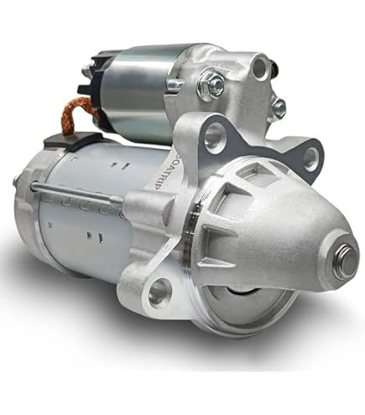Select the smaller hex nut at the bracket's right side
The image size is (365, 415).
[x=279, y=107]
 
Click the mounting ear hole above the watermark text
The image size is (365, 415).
[x=214, y=133]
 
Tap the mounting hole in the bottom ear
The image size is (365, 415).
[x=159, y=293]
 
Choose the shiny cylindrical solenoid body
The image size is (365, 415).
[x=138, y=84]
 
